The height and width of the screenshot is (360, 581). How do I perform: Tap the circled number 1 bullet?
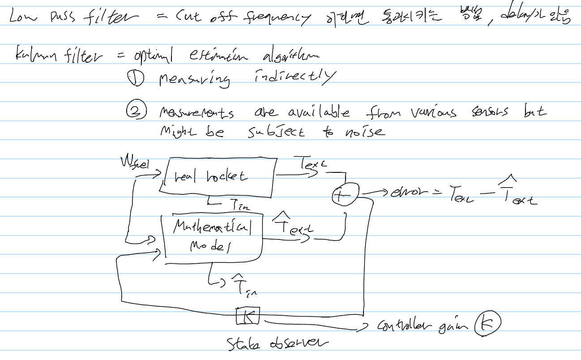(134, 79)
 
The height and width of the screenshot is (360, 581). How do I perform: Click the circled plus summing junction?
(344, 195)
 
